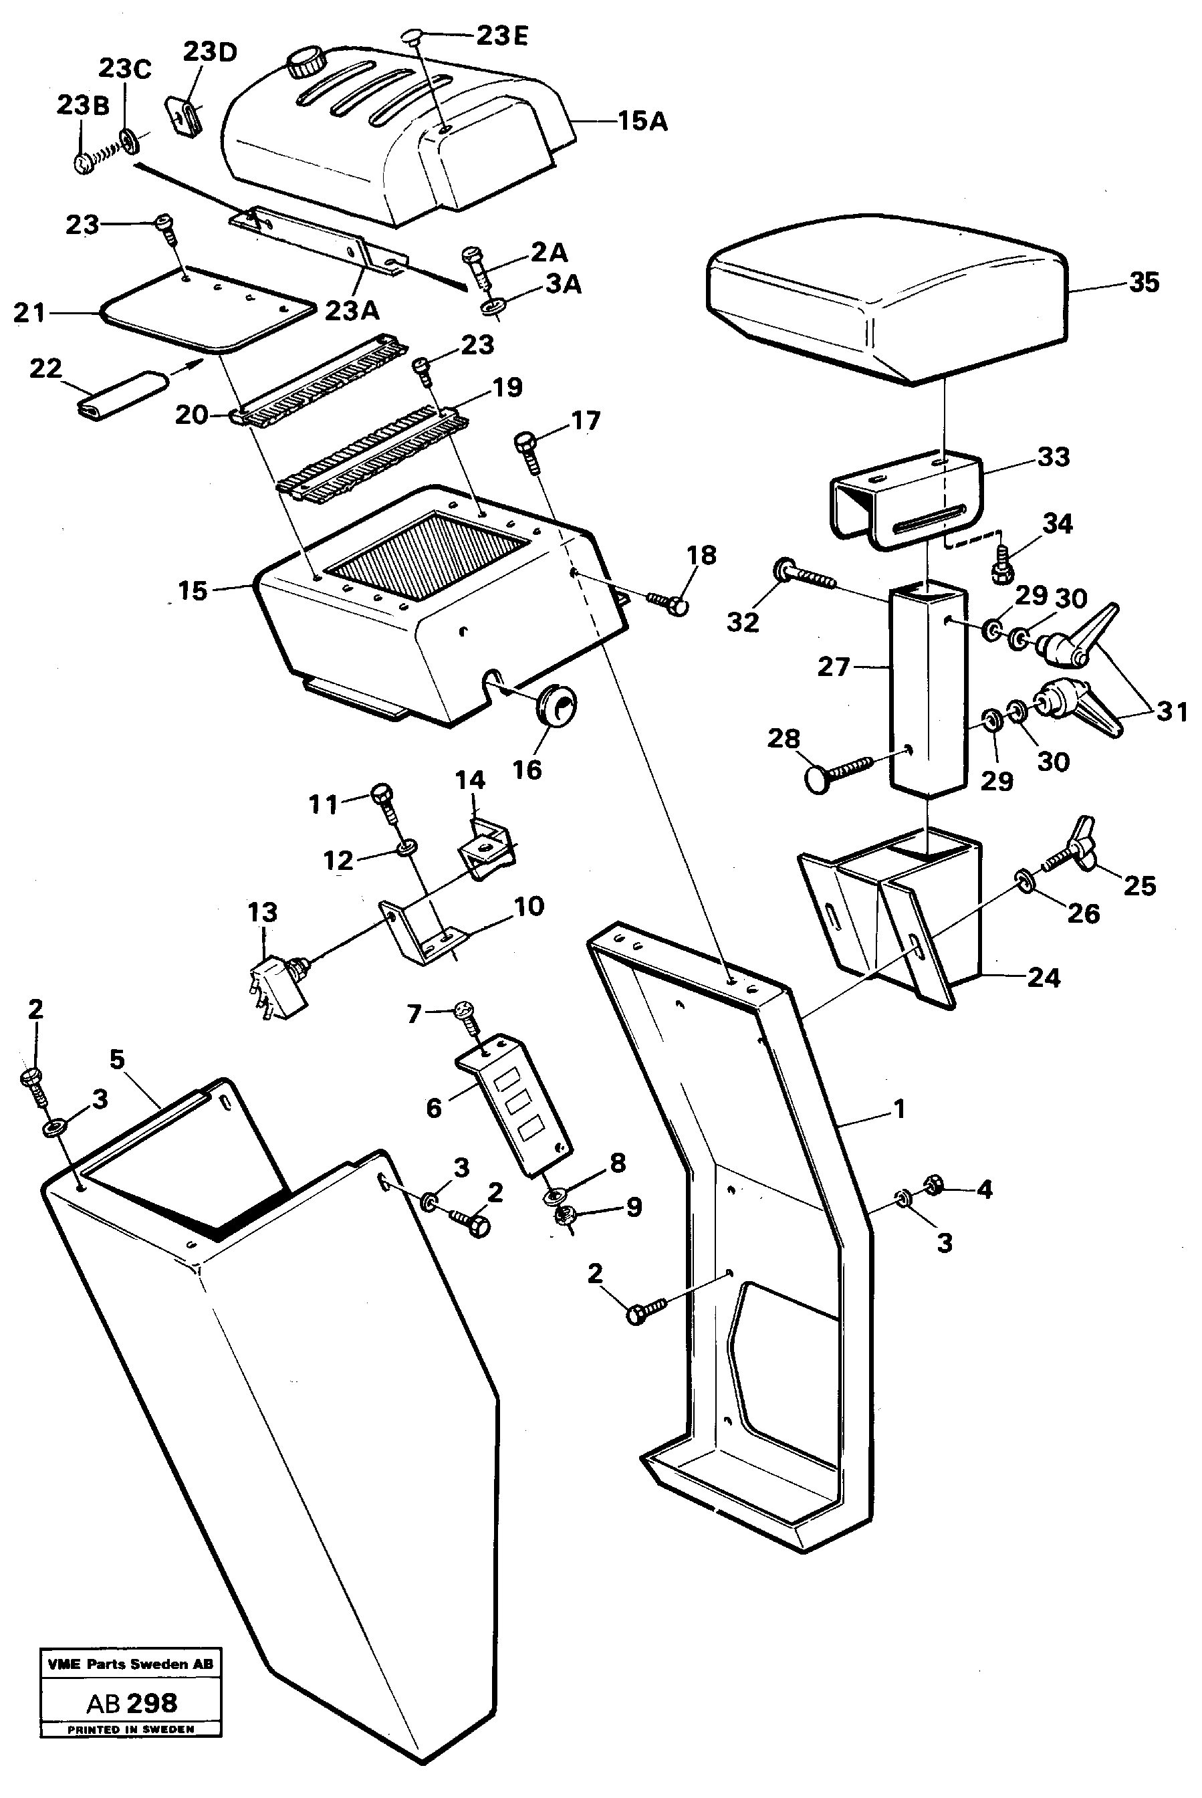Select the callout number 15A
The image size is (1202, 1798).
(642, 121)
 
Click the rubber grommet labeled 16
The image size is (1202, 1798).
(555, 704)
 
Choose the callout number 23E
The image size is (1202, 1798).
(502, 36)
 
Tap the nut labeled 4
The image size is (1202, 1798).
(934, 1186)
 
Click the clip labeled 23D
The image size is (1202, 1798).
(184, 116)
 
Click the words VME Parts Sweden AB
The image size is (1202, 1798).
(130, 1664)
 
